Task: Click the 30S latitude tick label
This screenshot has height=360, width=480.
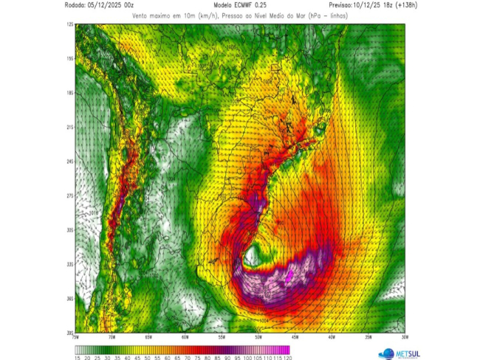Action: pos(70,230)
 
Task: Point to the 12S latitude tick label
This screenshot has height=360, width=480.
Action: pos(70,24)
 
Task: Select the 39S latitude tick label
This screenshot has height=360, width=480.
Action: pos(70,333)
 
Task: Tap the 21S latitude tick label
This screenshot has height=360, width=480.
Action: pos(70,127)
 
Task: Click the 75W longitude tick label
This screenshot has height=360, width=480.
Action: pos(76,338)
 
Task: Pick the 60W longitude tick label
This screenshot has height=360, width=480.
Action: pos(185,338)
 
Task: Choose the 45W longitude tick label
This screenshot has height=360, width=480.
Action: pos(295,338)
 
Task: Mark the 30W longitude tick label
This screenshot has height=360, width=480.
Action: pos(403,338)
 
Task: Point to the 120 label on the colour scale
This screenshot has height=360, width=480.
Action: pos(287,357)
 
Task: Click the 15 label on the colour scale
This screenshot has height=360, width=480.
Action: pos(77,357)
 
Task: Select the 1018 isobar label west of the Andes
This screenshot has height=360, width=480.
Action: pos(93,213)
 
